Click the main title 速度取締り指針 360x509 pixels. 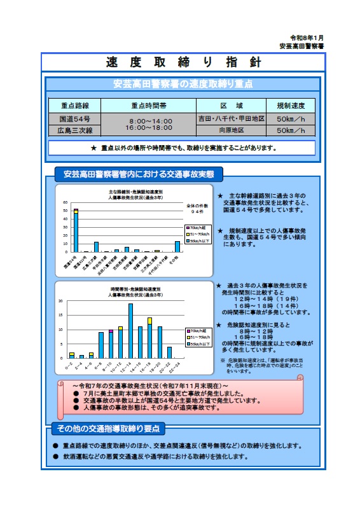(x=183, y=62)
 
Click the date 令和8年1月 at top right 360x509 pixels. (x=307, y=38)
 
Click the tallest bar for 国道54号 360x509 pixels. (x=76, y=232)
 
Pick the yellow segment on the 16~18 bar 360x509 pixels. (x=150, y=321)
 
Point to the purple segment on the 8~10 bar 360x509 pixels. (x=111, y=330)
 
